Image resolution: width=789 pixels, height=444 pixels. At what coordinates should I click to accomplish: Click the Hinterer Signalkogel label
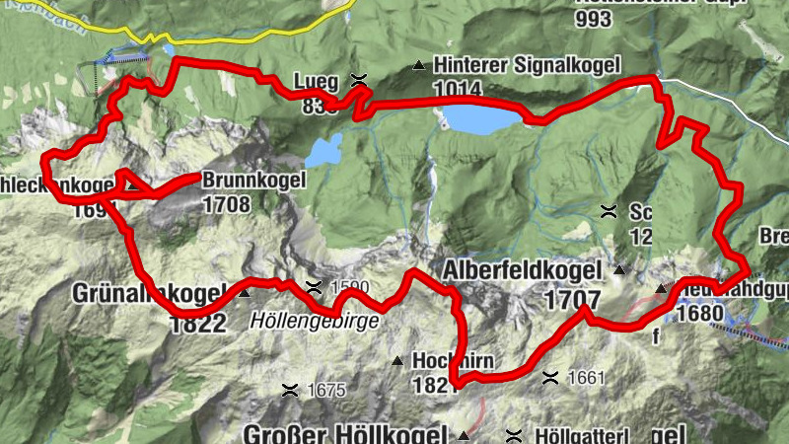(527, 65)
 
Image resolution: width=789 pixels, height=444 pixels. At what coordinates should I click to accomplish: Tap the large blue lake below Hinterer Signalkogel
(482, 119)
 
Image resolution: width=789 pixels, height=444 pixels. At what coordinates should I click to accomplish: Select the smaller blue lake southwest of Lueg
(323, 151)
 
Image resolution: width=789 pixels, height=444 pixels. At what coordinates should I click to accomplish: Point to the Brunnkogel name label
(253, 181)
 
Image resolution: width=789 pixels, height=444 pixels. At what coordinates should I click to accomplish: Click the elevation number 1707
(572, 300)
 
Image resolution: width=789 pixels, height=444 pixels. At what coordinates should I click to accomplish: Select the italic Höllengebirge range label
(314, 321)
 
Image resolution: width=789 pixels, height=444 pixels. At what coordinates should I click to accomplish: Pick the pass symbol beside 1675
(291, 390)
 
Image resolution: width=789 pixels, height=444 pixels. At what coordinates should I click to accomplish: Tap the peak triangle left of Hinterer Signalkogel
(419, 66)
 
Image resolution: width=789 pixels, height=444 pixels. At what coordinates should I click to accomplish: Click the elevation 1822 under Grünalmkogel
(198, 324)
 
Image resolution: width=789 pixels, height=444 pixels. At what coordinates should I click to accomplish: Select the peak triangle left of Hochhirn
(397, 361)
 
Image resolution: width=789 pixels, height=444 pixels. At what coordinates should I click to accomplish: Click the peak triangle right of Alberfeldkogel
(619, 269)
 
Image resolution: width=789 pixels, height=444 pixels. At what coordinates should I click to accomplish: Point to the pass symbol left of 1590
(315, 287)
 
